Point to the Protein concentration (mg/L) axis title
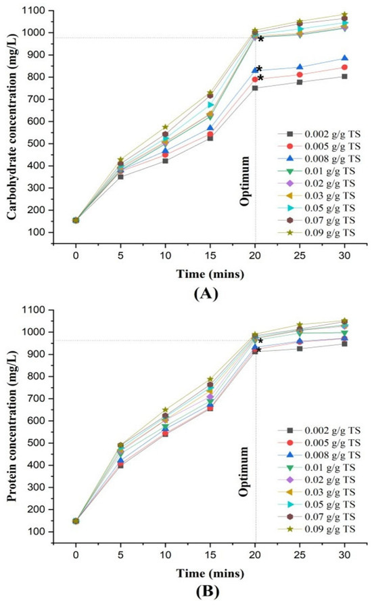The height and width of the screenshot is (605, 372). (12, 426)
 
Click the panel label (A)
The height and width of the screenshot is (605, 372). (206, 294)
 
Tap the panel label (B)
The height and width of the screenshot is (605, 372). (207, 591)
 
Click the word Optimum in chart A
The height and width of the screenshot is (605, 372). (245, 181)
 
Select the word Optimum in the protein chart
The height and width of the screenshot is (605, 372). (244, 472)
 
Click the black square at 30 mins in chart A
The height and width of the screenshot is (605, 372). (344, 76)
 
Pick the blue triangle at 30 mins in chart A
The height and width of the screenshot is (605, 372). (345, 58)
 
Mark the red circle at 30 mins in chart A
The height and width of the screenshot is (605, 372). (344, 68)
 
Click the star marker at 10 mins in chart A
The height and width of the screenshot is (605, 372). (166, 127)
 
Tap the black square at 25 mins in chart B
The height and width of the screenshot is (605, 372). (300, 349)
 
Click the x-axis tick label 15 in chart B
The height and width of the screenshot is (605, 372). (210, 555)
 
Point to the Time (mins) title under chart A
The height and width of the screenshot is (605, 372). (210, 274)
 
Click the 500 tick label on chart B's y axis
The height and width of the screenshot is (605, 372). (37, 443)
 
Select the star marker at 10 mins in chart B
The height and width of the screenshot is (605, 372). (166, 410)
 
